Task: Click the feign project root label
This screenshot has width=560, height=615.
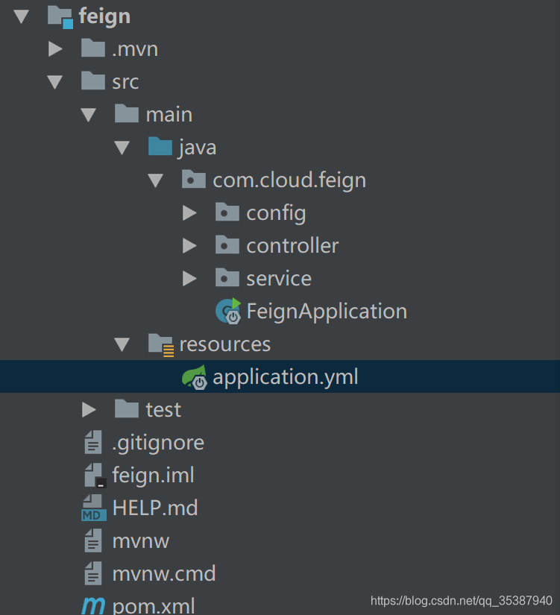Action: point(104,16)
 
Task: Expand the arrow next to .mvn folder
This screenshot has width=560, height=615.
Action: point(54,49)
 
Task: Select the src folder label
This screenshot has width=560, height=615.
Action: point(125,81)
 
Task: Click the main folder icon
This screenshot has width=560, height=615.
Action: point(127,113)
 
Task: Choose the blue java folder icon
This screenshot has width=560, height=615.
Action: point(160,146)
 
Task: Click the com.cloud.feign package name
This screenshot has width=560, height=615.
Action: point(289,180)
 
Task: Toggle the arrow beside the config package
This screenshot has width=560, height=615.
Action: point(189,213)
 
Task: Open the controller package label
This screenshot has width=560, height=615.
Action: point(292,245)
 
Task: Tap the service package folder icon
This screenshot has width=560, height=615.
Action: point(227,278)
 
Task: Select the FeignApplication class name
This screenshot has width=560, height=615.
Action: point(327,311)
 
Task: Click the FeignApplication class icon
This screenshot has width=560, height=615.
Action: point(228,311)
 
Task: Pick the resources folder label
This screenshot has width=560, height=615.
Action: point(224,344)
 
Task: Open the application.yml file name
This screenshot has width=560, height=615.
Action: point(286,377)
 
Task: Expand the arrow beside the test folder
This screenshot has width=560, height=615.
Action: point(89,409)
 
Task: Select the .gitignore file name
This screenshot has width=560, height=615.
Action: point(158,442)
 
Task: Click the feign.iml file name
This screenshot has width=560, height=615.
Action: point(153,475)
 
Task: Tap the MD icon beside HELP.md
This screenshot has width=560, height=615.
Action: point(93,508)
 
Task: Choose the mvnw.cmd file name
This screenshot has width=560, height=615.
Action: point(164,574)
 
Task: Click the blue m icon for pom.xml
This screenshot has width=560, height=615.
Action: point(93,605)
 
